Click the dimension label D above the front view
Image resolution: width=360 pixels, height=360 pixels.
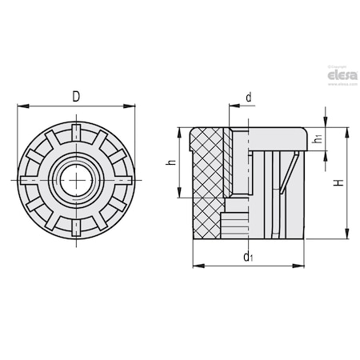tap(76, 96)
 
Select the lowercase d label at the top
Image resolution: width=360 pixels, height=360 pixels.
tap(250, 98)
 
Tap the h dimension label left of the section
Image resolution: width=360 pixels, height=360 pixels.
tap(169, 163)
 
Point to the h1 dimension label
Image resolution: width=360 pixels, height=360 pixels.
tap(318, 138)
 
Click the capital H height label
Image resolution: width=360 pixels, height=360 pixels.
tap(338, 183)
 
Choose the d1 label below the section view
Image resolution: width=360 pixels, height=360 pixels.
tap(249, 257)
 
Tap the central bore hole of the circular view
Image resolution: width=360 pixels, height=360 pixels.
tap(76, 181)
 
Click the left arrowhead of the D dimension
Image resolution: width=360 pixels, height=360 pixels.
tap(21, 106)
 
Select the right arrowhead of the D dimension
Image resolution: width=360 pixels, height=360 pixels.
tap(130, 106)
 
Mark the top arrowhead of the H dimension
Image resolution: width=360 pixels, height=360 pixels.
tap(347, 130)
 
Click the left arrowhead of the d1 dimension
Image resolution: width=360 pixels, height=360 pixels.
tap(197, 266)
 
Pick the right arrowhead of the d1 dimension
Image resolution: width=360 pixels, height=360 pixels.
tap(302, 266)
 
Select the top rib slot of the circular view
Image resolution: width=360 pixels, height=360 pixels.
tap(76, 131)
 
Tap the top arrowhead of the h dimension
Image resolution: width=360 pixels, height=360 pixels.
tap(178, 130)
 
